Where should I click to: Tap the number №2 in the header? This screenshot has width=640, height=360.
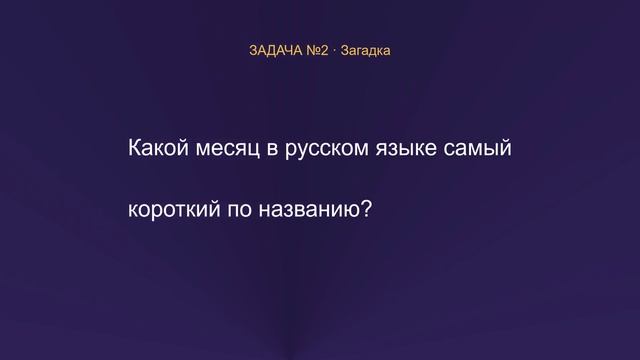pyautogui.click(x=317, y=51)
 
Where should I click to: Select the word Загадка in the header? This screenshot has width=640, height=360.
pyautogui.click(x=365, y=51)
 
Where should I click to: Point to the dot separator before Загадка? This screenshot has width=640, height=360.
pyautogui.click(x=334, y=51)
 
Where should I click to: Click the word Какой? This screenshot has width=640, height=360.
pyautogui.click(x=158, y=147)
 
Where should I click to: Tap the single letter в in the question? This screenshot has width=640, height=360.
pyautogui.click(x=272, y=150)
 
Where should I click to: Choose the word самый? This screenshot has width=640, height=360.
pyautogui.click(x=478, y=148)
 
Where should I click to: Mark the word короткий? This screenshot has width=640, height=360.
pyautogui.click(x=174, y=209)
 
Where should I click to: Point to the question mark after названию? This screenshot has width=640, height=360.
pyautogui.click(x=367, y=209)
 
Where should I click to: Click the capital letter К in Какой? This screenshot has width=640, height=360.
pyautogui.click(x=135, y=147)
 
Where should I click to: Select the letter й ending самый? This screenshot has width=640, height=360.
pyautogui.click(x=505, y=148)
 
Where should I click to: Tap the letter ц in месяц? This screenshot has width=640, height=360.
pyautogui.click(x=253, y=151)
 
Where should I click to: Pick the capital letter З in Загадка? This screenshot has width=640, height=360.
pyautogui.click(x=344, y=51)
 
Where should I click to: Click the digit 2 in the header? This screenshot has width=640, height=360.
pyautogui.click(x=324, y=51)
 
